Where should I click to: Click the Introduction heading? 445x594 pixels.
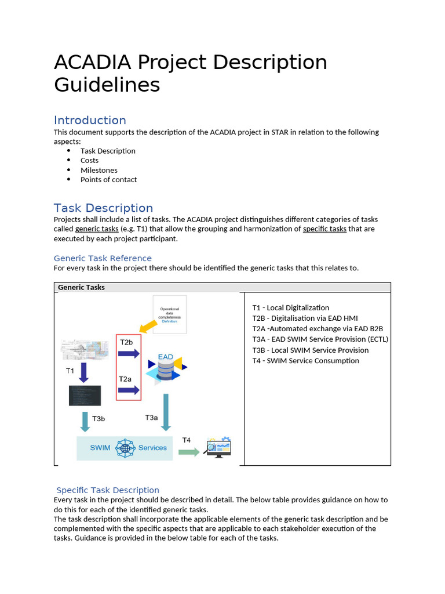pyautogui.click(x=90, y=120)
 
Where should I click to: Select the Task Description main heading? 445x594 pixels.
pyautogui.click(x=103, y=208)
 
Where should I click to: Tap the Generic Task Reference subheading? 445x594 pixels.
pyautogui.click(x=103, y=258)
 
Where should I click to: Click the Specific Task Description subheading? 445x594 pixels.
pyautogui.click(x=108, y=490)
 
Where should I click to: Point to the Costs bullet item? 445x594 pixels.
pyautogui.click(x=89, y=161)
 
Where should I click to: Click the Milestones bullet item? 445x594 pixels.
pyautogui.click(x=99, y=170)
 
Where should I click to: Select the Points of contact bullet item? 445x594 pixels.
pyautogui.click(x=108, y=180)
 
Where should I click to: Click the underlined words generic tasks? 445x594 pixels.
pyautogui.click(x=96, y=229)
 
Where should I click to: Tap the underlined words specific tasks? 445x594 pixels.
pyautogui.click(x=324, y=229)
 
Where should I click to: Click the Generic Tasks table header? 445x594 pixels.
pyautogui.click(x=81, y=287)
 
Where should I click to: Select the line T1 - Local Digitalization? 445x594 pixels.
pyautogui.click(x=290, y=308)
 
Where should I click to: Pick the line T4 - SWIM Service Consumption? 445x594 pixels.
pyautogui.click(x=305, y=361)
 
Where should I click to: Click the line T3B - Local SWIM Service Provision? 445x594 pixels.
pyautogui.click(x=310, y=350)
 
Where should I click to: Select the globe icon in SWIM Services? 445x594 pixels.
pyautogui.click(x=125, y=448)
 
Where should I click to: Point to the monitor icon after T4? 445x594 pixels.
pyautogui.click(x=218, y=448)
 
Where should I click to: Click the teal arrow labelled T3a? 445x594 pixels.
pyautogui.click(x=166, y=412)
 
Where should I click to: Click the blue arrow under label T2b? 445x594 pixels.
pyautogui.click(x=129, y=354)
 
